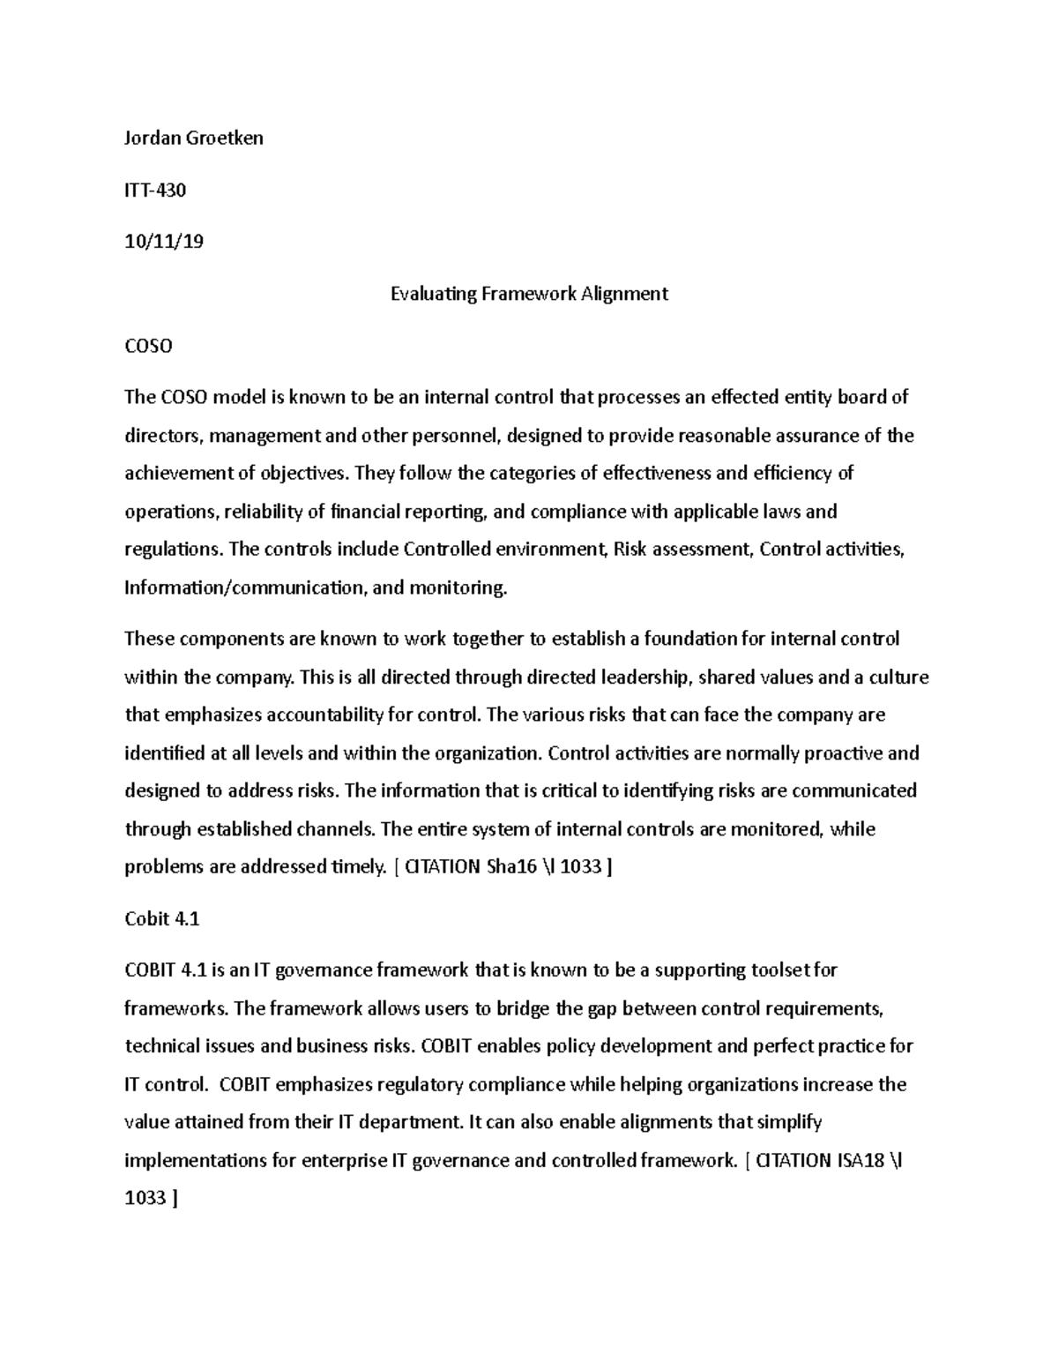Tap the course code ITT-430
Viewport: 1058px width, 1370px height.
pyautogui.click(x=155, y=190)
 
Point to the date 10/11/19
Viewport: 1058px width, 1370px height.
pyautogui.click(x=164, y=242)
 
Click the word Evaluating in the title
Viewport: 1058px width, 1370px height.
pyautogui.click(x=433, y=294)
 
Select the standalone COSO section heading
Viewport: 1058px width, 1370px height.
pyautogui.click(x=148, y=346)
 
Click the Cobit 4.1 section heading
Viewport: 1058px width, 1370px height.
pyautogui.click(x=162, y=919)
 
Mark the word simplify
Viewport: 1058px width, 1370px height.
pyautogui.click(x=789, y=1123)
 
